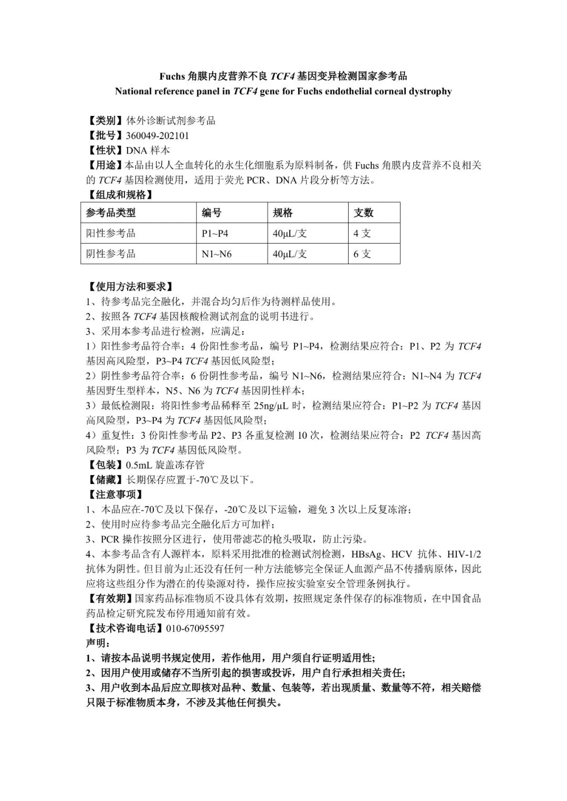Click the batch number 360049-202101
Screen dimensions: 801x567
pos(157,135)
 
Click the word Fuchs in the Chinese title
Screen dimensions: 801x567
pos(172,76)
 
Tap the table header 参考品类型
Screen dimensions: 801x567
pos(111,213)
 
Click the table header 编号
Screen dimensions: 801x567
pos(212,213)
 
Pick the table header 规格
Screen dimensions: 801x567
pos(282,213)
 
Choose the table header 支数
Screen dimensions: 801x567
pos(363,213)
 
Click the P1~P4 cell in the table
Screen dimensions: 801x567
pos(215,233)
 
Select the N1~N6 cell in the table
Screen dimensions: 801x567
pos(216,254)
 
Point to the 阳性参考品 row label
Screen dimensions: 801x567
pos(111,233)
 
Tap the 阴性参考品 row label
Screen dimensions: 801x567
pos(111,254)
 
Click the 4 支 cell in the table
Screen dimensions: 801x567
pos(362,233)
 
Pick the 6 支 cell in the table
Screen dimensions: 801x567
pos(362,254)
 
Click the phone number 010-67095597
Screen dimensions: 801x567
pos(195,628)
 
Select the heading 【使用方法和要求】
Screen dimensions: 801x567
pos(129,287)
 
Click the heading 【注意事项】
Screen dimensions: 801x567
pos(114,494)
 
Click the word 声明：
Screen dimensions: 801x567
pos(98,643)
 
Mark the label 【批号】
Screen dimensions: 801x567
pos(106,135)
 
